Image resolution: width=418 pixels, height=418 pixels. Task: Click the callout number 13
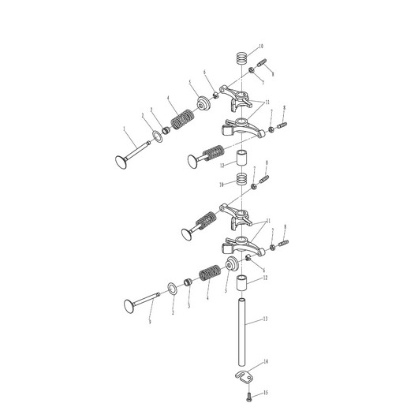(266, 319)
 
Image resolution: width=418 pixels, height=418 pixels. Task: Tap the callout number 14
(266, 361)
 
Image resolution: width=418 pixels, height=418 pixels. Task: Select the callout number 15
(266, 392)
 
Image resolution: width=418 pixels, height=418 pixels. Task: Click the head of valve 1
(121, 162)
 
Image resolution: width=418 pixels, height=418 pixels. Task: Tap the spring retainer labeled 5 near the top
(203, 102)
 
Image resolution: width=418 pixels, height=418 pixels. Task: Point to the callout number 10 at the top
(261, 48)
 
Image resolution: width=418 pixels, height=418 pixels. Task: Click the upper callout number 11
(267, 103)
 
